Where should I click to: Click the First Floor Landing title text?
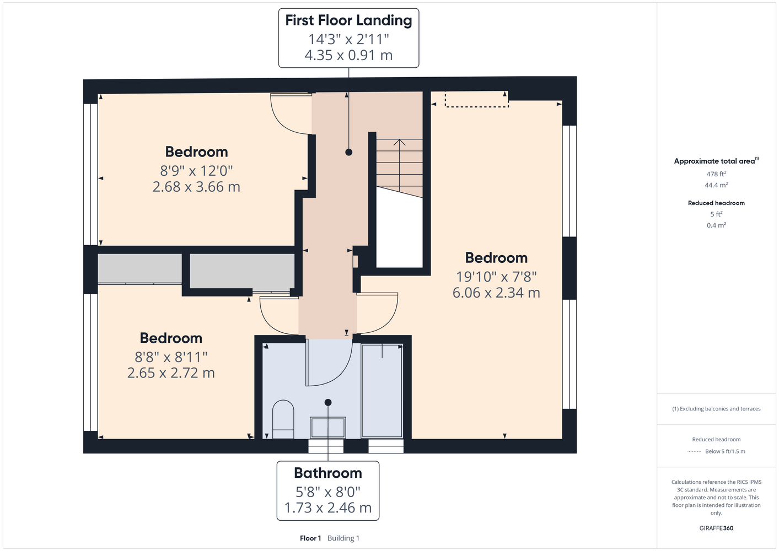coord(348,20)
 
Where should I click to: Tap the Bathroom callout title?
coord(328,473)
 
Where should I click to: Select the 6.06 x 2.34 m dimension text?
coord(496,293)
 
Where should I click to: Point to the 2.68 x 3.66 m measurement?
coord(196,187)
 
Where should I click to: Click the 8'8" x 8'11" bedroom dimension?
coord(171,356)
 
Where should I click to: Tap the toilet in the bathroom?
coord(283,419)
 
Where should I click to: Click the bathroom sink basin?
coord(328,428)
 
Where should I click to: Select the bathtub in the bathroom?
coord(382,391)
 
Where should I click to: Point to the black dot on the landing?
coord(349,152)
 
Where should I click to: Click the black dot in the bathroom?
coord(328,403)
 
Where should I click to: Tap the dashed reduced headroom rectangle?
coord(477,99)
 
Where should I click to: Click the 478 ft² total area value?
coord(716,174)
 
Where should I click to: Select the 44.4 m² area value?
coord(716,185)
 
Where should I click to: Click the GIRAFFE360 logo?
coord(716,528)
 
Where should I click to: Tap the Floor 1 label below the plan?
coord(310,538)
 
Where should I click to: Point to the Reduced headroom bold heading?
coord(716,203)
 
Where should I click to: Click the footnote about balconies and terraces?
coord(716,409)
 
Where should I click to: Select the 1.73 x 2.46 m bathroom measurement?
coord(328,508)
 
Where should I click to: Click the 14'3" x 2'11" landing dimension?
coord(348,39)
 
